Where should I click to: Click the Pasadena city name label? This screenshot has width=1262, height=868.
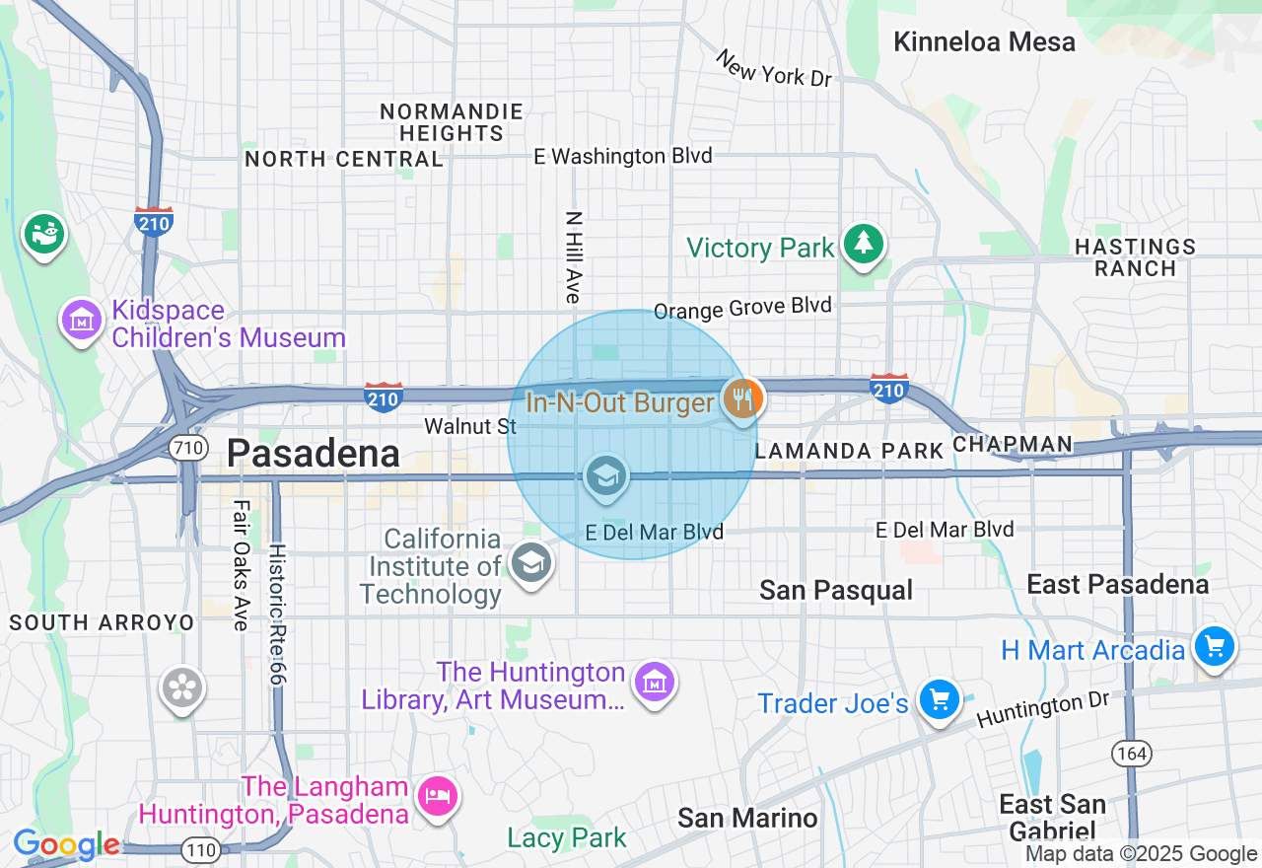tap(313, 454)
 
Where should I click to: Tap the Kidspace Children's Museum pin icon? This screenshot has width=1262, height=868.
tap(83, 321)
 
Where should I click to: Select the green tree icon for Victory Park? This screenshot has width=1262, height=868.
tap(864, 244)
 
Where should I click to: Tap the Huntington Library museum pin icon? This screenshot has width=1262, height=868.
tap(655, 682)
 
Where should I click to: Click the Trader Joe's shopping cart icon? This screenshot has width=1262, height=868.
tap(939, 699)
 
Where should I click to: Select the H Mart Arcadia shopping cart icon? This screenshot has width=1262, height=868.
tap(1214, 647)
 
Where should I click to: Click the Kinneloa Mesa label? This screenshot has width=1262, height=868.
tap(984, 42)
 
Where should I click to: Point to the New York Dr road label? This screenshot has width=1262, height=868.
tap(775, 69)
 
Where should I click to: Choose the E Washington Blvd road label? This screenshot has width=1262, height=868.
tap(622, 156)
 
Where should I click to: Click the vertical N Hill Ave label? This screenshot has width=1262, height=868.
tap(574, 256)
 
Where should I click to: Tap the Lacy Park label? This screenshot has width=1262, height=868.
tap(566, 838)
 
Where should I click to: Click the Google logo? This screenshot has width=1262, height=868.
tap(66, 845)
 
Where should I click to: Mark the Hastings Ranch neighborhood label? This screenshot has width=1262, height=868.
tap(1135, 257)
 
